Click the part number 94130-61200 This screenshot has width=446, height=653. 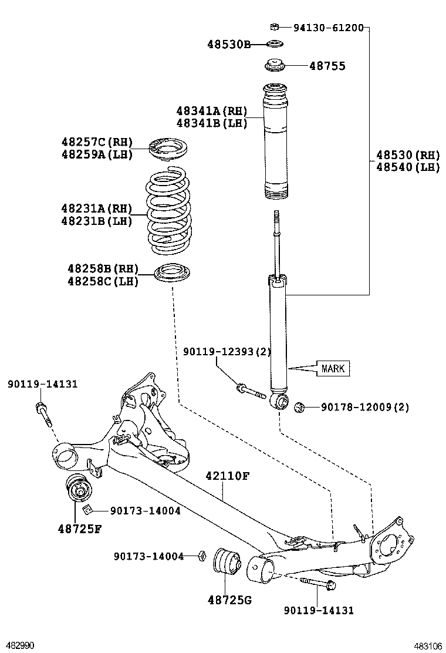point(328,27)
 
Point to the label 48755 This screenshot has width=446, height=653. point(327,66)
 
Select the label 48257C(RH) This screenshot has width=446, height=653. point(97,142)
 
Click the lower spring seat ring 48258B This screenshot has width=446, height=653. point(172,274)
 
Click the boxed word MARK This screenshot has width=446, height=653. point(333,369)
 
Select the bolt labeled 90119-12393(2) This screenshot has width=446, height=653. point(251,391)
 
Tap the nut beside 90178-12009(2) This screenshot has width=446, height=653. point(299,406)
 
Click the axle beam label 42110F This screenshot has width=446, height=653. point(227,476)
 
